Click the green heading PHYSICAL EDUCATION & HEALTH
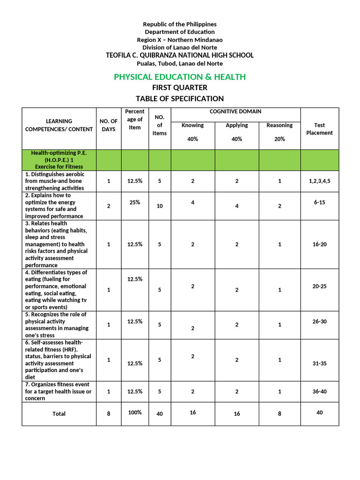coord(180,77)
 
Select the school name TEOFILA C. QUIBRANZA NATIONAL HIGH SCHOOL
coord(180,55)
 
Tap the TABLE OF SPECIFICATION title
coord(180,98)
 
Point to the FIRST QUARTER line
coord(180,88)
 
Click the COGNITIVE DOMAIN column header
coord(235,112)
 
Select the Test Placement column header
coord(319,129)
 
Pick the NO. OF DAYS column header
coord(109,125)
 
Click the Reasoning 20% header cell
coord(279,132)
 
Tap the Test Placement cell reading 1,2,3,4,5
coord(319,181)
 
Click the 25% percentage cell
coord(135,202)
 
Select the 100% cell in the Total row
coord(135,412)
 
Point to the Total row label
coord(59,414)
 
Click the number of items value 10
coord(159,206)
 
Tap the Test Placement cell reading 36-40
coord(319,391)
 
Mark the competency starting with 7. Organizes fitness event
coord(59,391)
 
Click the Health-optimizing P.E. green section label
coord(59,160)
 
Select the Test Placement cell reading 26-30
coord(319,321)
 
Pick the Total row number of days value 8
coord(109,414)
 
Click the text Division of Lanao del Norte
coord(180,47)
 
